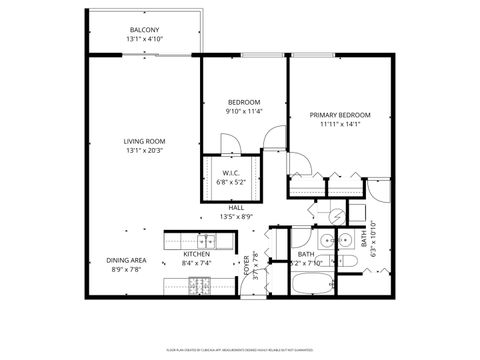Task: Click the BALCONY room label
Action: point(143,30)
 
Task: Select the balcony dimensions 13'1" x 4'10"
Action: point(143,39)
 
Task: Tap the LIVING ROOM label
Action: point(143,142)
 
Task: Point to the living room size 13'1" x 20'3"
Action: point(143,151)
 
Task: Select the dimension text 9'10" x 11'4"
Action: point(244,111)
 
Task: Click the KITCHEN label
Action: point(196,254)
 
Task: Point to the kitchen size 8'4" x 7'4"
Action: point(196,263)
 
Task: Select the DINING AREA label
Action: point(126,260)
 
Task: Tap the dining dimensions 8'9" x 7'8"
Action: point(126,269)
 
